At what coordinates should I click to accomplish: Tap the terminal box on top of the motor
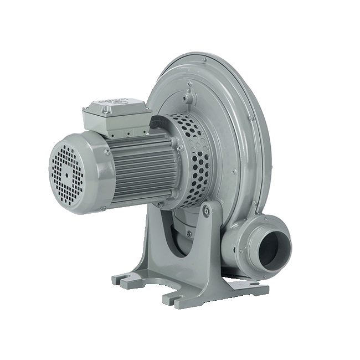[116, 117]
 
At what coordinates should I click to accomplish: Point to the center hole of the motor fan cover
[67, 174]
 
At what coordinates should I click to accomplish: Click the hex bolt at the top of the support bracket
[207, 210]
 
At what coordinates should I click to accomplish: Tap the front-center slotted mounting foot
[176, 300]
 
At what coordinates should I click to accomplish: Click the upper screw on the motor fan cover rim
[106, 151]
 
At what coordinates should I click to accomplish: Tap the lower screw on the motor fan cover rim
[103, 209]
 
